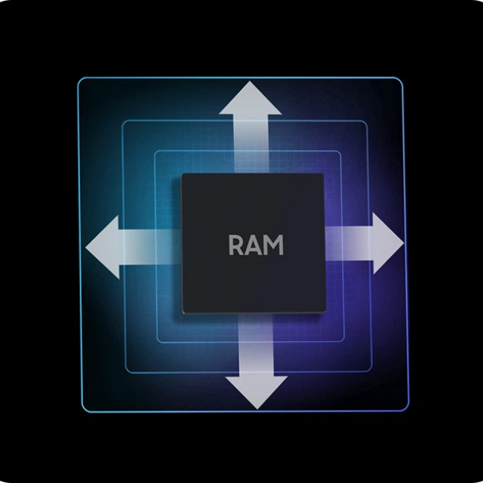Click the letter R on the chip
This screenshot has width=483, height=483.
235,245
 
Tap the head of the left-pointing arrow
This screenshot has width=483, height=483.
103,247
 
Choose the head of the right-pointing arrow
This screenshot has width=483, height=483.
388,243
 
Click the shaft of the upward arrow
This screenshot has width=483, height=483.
251,144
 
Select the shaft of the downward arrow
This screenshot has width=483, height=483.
257,345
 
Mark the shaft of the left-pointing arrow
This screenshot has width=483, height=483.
150,247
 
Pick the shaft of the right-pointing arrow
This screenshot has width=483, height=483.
349,243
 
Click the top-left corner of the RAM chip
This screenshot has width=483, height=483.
182,174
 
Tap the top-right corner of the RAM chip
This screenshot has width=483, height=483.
323,174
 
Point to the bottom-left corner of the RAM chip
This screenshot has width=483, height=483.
183,313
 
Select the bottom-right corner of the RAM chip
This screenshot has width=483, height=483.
326,312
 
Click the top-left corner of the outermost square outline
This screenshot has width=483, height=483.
78,78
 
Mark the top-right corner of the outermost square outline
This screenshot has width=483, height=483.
402,78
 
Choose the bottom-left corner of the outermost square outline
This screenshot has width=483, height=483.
82,411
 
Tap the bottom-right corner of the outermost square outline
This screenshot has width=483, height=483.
409,411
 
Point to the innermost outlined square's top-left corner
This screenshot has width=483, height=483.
154,151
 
